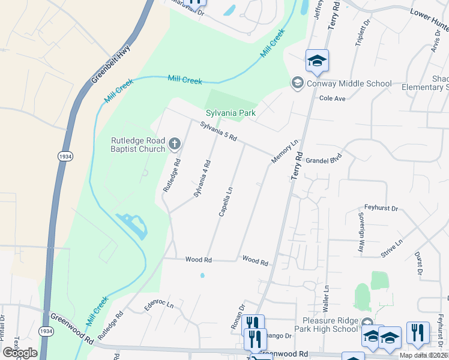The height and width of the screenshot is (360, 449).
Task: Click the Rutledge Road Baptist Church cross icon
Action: pos(174,143)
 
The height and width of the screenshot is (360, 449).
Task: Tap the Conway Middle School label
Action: pos(349,83)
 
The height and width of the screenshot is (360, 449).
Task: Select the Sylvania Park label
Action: pos(231,113)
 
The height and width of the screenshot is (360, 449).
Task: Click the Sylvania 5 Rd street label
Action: pos(219,131)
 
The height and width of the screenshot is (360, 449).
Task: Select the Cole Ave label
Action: pos(333,98)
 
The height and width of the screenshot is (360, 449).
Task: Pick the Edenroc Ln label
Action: pos(158,306)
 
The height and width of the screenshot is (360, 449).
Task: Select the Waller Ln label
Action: pos(327,298)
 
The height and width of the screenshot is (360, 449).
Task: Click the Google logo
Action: pos(20,352)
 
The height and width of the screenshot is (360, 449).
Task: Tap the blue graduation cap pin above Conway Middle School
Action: pos(317,60)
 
